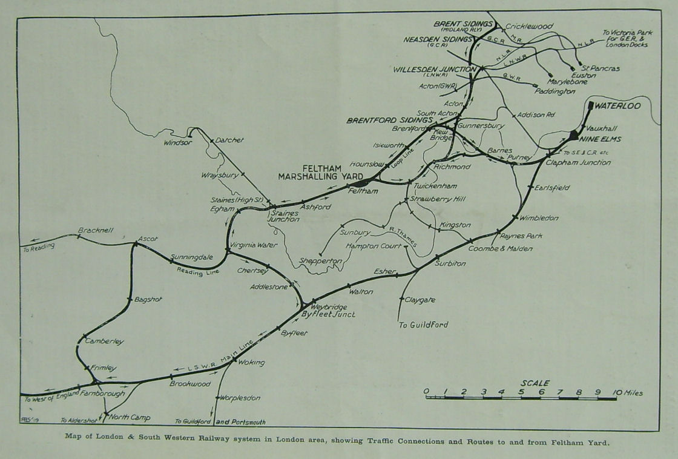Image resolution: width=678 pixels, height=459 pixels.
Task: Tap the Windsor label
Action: click(178, 144)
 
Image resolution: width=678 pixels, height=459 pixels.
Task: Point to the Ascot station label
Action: click(148, 239)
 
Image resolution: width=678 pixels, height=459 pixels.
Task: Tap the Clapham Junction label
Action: click(578, 163)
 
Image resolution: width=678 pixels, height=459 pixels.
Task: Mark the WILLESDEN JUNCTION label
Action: click(434, 69)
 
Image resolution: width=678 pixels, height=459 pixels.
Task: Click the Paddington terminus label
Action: click(554, 91)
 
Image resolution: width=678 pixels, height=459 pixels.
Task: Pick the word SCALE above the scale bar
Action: click(535, 383)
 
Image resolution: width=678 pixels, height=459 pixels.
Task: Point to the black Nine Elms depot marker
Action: click(574, 135)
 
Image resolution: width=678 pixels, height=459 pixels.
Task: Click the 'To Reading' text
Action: click(39, 246)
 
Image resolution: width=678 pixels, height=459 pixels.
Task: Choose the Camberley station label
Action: click(104, 342)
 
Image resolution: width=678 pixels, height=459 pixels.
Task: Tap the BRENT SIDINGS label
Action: click(463, 24)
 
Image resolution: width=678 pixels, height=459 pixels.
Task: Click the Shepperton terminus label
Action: click(320, 261)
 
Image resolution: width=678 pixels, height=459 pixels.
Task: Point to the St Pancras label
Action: click(600, 68)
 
